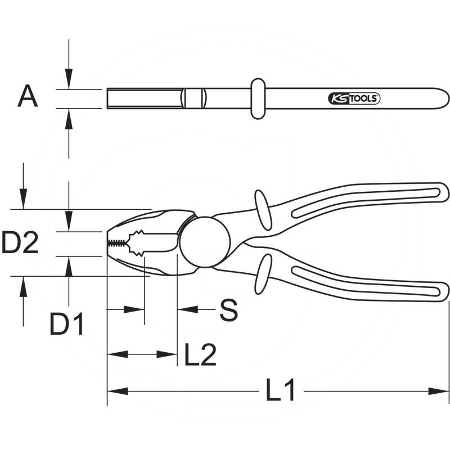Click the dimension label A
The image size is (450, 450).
28,97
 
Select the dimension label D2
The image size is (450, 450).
20,244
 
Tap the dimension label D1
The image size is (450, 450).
67,325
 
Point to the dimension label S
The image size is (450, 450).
228,310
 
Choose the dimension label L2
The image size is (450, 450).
200,355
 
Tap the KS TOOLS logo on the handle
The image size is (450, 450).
354,98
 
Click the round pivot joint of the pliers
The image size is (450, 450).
205,242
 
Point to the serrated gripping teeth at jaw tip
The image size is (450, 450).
118,243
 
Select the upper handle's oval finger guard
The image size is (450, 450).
263,209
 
